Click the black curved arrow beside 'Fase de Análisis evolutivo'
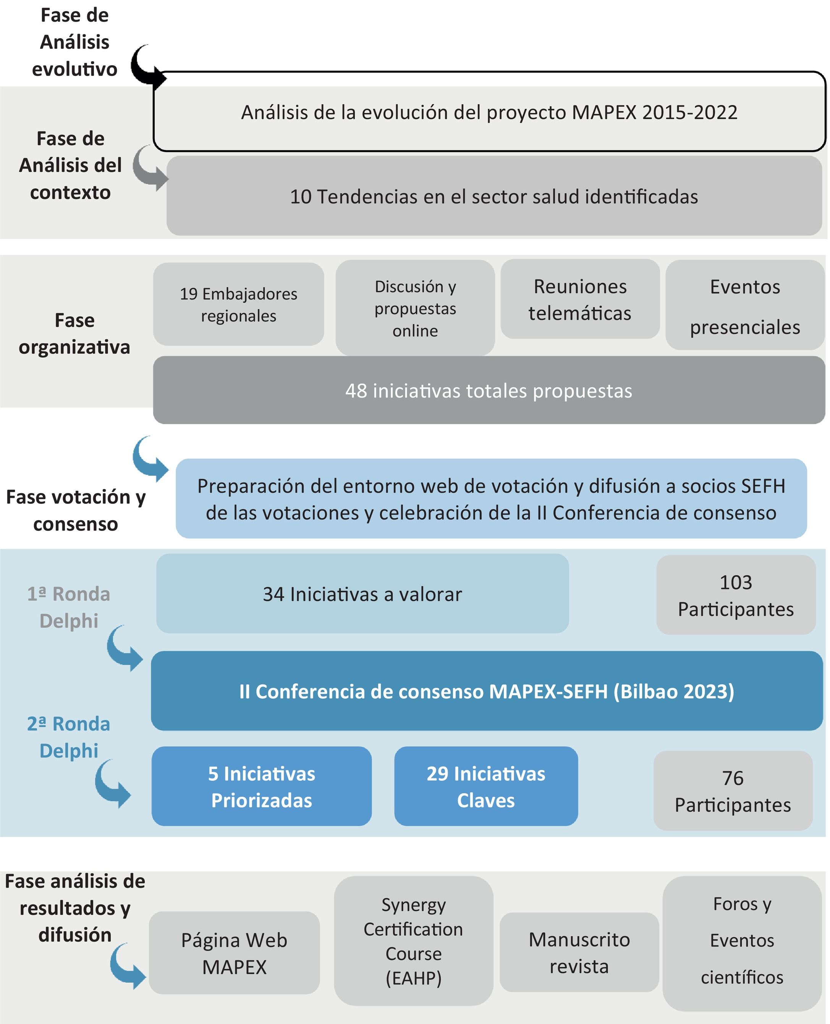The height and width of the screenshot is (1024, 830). (146, 67)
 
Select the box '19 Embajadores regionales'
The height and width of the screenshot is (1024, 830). (238, 304)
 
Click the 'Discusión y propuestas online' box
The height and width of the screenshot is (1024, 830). (415, 308)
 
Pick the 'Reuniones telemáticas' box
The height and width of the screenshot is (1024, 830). (579, 300)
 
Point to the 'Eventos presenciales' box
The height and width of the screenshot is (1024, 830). (744, 306)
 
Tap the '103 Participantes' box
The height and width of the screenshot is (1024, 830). (735, 595)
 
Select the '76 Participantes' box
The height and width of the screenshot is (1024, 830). (733, 791)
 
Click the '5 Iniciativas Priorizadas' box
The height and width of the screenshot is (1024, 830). (262, 786)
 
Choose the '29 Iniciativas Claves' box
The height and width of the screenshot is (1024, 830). (486, 786)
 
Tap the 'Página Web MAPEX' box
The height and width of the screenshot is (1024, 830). (234, 953)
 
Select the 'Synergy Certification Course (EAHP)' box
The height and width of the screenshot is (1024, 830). (414, 941)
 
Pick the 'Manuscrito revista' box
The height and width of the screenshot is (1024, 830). (579, 953)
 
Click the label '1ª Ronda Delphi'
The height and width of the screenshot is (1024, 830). (69, 607)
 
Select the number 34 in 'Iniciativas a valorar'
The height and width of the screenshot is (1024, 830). (273, 594)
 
